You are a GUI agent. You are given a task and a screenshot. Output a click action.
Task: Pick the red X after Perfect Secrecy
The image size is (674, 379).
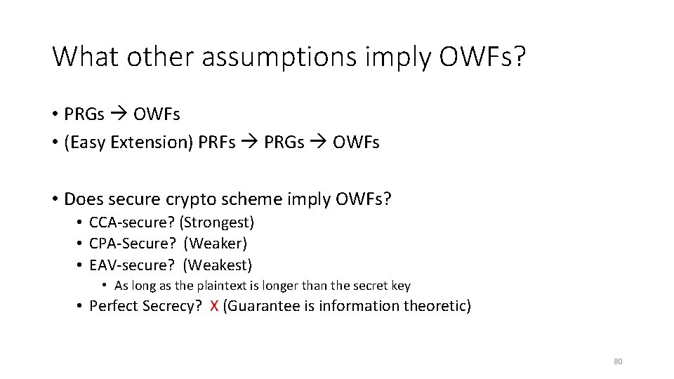[213, 306]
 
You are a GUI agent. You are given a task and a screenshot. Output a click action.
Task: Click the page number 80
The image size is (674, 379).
[618, 361]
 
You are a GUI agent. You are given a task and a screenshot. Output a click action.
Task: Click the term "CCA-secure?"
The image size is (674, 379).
[131, 223]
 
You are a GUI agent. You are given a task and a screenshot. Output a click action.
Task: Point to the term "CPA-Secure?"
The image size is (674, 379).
[131, 244]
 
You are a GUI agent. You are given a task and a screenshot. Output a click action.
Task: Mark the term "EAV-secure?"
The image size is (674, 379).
[131, 265]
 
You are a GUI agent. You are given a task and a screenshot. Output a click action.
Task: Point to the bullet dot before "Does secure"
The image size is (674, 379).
[55, 199]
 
